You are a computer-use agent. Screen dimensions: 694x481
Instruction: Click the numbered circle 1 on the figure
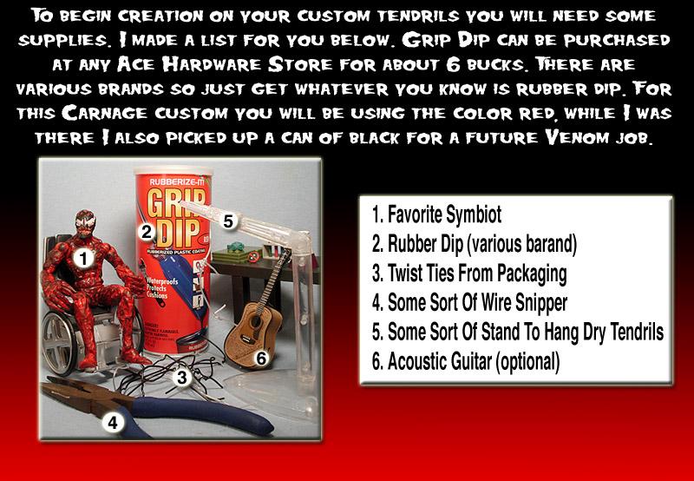click(83, 258)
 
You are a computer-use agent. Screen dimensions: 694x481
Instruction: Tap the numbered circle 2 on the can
click(147, 232)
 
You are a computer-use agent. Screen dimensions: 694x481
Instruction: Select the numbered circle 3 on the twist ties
click(182, 378)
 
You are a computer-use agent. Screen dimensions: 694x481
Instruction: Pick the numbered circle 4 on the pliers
click(113, 423)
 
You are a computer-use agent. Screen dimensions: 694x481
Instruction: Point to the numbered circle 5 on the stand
click(227, 221)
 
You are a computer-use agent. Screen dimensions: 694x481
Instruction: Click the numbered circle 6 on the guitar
click(262, 359)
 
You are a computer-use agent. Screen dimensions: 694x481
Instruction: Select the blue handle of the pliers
click(200, 414)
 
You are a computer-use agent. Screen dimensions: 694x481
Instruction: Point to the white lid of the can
click(173, 170)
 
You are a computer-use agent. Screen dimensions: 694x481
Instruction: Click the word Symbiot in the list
click(473, 214)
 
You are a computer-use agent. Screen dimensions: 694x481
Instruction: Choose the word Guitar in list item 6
click(465, 362)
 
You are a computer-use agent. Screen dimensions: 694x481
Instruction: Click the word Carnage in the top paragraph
click(104, 113)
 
